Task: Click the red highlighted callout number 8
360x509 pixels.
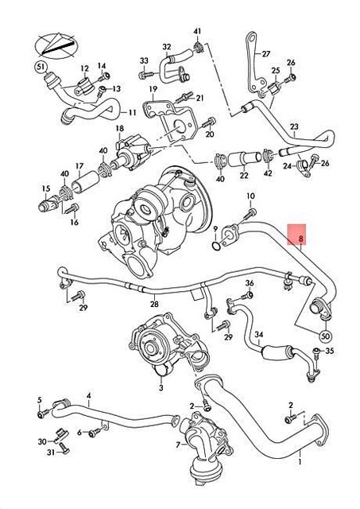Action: (x=300, y=237)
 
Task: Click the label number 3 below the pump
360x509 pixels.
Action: (x=161, y=388)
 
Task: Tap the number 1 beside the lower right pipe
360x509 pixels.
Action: (x=300, y=460)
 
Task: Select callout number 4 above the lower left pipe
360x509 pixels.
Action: (x=89, y=395)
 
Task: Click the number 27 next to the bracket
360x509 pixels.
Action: (x=266, y=53)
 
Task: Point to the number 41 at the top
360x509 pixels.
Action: (x=197, y=30)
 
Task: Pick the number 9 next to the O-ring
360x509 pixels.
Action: (x=214, y=230)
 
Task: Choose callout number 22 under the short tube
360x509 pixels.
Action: (x=244, y=174)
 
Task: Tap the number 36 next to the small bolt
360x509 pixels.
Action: (x=249, y=283)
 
